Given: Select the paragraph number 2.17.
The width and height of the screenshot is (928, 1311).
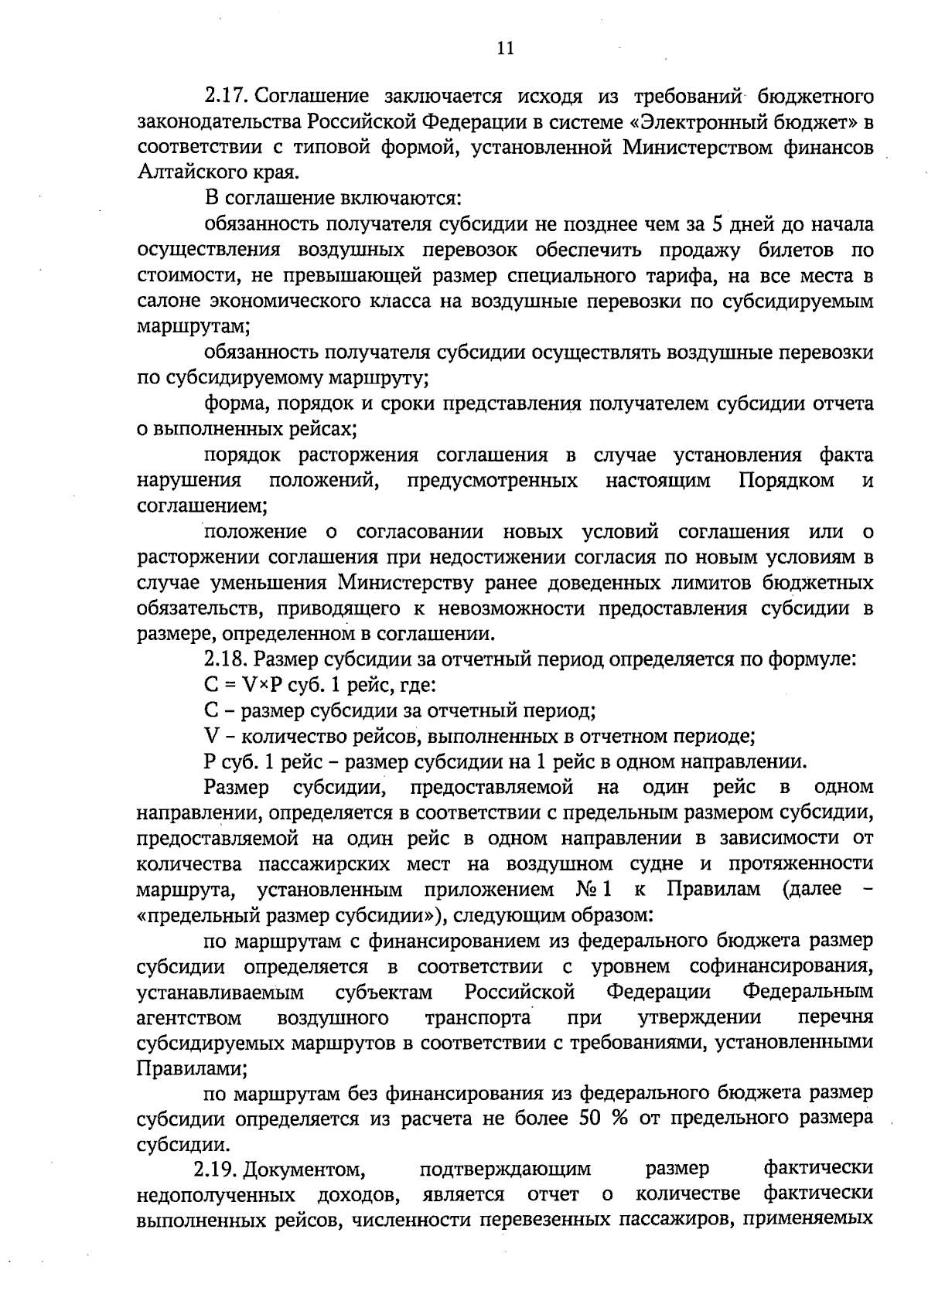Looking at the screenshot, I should tap(225, 97).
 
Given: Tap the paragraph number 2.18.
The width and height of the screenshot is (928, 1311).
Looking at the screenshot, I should tap(225, 659).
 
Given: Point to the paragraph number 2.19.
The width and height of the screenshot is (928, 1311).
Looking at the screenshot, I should tap(216, 1168).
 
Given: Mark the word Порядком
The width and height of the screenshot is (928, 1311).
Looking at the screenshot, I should tap(786, 481).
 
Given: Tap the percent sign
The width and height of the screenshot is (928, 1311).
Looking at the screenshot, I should tap(619, 1118).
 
